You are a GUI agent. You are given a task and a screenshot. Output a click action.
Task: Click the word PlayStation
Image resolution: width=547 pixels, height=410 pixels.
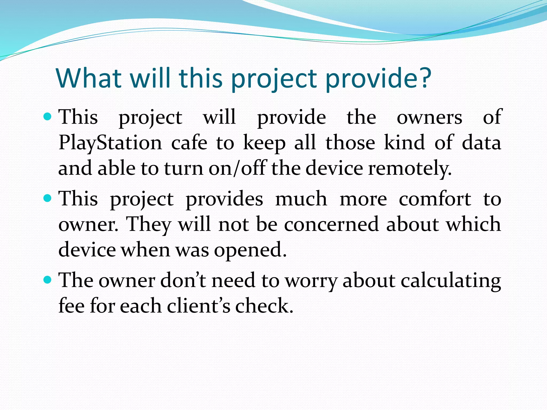110,143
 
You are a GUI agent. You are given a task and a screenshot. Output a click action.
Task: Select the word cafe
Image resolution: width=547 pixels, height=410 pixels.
189,143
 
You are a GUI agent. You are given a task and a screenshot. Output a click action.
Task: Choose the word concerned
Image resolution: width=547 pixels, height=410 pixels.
331,224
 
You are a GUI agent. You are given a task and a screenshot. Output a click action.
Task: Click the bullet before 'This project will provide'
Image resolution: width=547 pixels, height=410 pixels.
47,116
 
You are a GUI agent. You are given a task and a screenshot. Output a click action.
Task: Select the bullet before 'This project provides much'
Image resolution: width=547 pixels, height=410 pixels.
47,198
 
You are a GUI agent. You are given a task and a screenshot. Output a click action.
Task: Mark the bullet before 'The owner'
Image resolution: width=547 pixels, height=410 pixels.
47,280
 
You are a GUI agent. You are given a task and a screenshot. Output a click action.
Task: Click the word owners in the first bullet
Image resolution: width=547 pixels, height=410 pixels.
429,117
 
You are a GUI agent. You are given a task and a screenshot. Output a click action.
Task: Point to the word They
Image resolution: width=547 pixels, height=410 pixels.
148,224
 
